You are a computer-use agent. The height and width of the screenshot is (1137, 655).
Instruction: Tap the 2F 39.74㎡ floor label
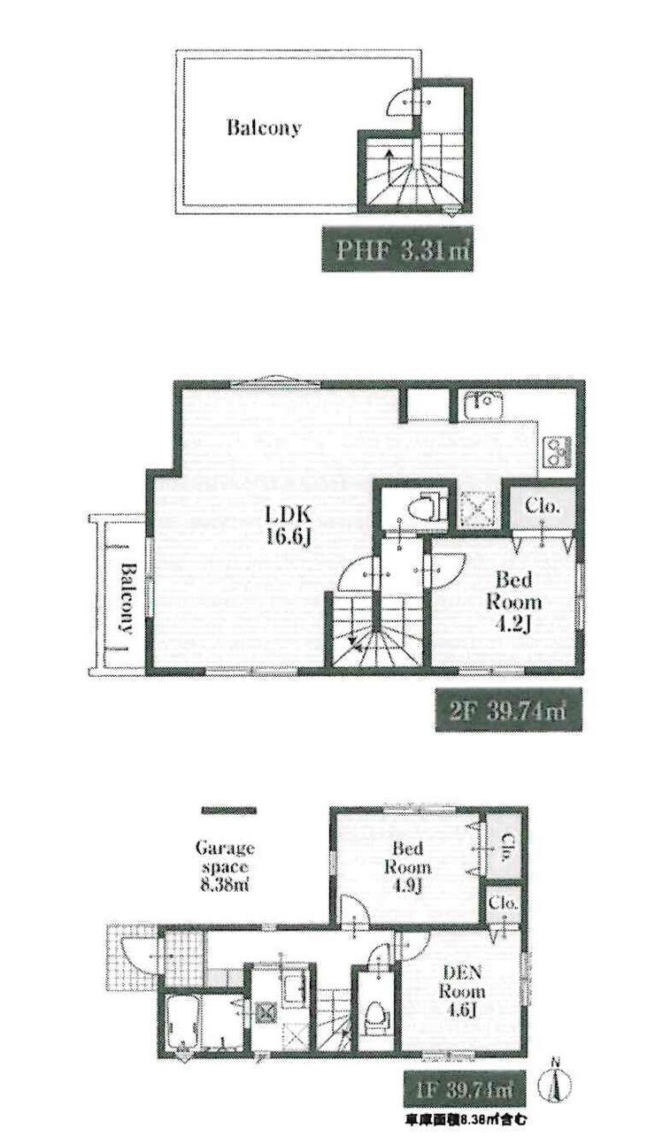pos(508,709)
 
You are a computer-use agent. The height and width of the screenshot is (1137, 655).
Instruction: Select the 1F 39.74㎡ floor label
pos(465,1088)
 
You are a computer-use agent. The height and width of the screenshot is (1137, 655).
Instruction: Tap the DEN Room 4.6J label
pos(461,991)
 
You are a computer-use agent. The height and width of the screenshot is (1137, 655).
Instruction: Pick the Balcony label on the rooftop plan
pos(264,127)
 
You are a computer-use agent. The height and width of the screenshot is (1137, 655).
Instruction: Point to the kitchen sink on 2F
pos(483,404)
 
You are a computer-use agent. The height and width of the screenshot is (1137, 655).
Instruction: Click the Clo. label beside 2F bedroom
pos(543,505)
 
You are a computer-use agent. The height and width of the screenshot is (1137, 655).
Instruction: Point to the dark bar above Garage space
pos(228,811)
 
